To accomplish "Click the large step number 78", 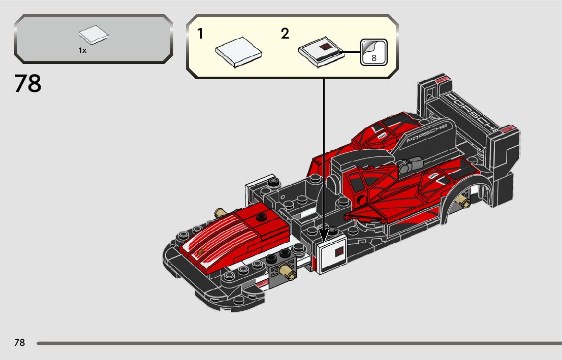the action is click(x=28, y=84).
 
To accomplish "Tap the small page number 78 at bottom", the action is click(x=19, y=343).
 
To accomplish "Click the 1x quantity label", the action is click(x=82, y=50).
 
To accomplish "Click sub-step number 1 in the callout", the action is click(x=201, y=34).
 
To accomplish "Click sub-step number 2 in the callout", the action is click(x=285, y=34).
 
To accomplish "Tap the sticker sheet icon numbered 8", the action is click(x=374, y=52).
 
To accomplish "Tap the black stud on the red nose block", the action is click(x=261, y=217).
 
